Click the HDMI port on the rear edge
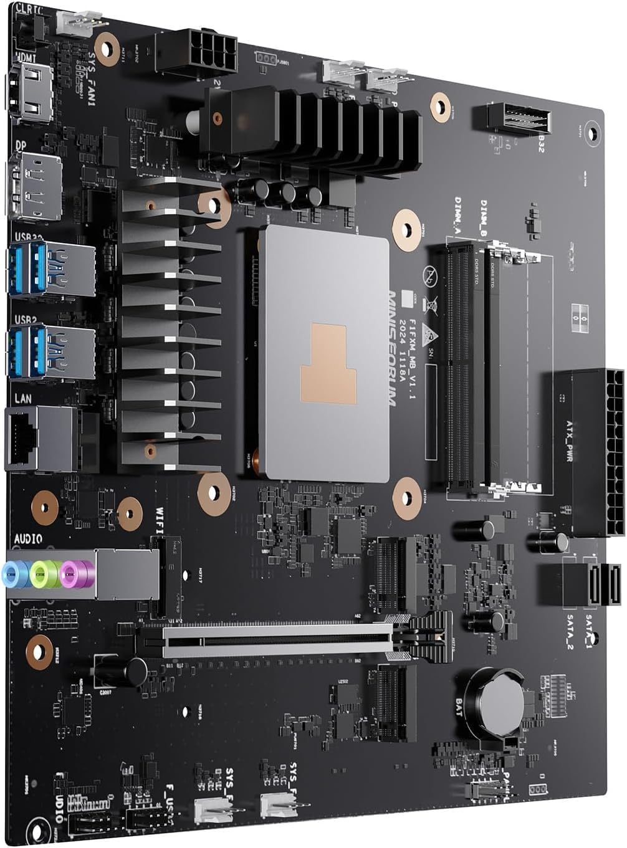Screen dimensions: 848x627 click(29, 93)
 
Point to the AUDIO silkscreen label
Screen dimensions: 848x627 click(28, 538)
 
